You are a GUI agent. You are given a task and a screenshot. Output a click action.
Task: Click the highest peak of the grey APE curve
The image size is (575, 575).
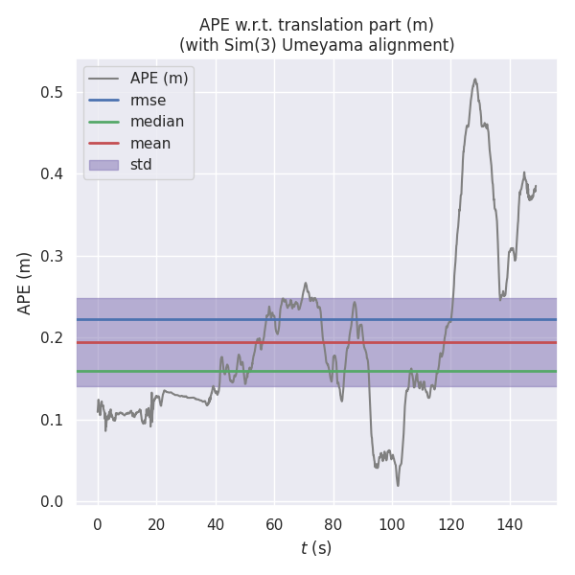click(x=474, y=80)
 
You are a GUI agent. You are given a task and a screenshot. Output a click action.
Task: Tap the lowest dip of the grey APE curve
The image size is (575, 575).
click(x=398, y=485)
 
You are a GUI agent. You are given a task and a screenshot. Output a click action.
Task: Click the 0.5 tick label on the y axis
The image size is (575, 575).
click(x=52, y=92)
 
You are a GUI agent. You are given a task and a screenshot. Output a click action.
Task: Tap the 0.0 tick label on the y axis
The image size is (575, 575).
click(x=52, y=501)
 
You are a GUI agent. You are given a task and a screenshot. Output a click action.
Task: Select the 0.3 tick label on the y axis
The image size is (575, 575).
click(x=52, y=256)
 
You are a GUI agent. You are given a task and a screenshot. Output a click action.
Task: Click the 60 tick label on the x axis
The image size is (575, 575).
click(x=274, y=524)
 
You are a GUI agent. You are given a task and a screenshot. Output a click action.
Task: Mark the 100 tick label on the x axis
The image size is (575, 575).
click(x=391, y=524)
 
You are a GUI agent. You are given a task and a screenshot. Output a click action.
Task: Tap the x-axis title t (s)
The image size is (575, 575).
click(x=316, y=549)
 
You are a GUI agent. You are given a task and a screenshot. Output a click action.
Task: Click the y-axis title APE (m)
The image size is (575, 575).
click(x=25, y=283)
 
